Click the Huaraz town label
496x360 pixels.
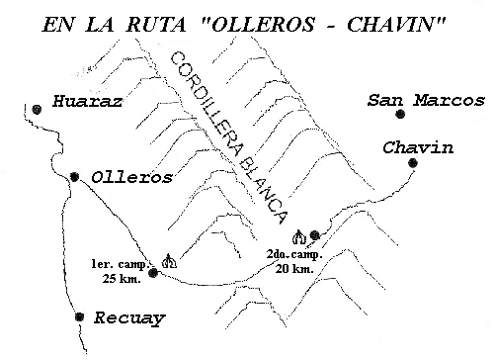(88, 101)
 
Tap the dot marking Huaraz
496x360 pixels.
(37, 109)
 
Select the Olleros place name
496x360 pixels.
(131, 178)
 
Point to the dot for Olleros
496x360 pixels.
(75, 177)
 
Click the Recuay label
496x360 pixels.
(129, 318)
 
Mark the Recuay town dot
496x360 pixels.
(79, 316)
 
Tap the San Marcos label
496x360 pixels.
(426, 100)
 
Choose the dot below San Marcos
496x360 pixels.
(400, 114)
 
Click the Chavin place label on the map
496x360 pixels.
(418, 147)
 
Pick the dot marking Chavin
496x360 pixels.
(413, 162)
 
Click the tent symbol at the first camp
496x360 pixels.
(169, 261)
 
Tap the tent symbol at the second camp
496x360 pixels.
(299, 237)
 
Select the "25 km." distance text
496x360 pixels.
(122, 279)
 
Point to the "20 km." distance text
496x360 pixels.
(294, 269)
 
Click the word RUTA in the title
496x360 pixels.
(156, 25)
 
